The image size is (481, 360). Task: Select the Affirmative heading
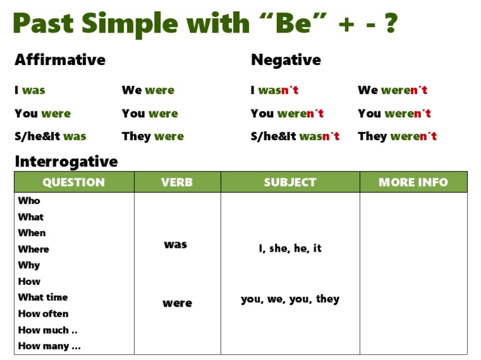(x=60, y=60)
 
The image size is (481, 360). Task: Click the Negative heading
(x=286, y=60)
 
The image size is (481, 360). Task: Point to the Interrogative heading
(x=66, y=162)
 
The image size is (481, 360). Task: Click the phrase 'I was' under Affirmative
(x=30, y=90)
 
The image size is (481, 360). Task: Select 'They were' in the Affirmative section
(x=153, y=136)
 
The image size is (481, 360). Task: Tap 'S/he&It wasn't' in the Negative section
(x=295, y=136)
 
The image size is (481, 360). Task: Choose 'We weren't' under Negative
(x=393, y=90)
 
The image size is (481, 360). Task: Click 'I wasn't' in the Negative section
(x=275, y=90)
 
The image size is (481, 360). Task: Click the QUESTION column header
(x=74, y=182)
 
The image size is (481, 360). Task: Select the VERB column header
(x=177, y=182)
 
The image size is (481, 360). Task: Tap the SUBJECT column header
(x=290, y=182)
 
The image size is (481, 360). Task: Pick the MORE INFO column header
(x=413, y=182)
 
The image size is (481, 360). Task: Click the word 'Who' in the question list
(x=29, y=201)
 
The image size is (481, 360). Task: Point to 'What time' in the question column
(x=43, y=297)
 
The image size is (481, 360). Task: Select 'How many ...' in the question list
(x=49, y=346)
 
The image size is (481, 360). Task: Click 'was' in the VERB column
(x=175, y=245)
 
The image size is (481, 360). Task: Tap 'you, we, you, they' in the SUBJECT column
(x=290, y=299)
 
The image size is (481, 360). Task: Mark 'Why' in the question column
(x=29, y=265)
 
